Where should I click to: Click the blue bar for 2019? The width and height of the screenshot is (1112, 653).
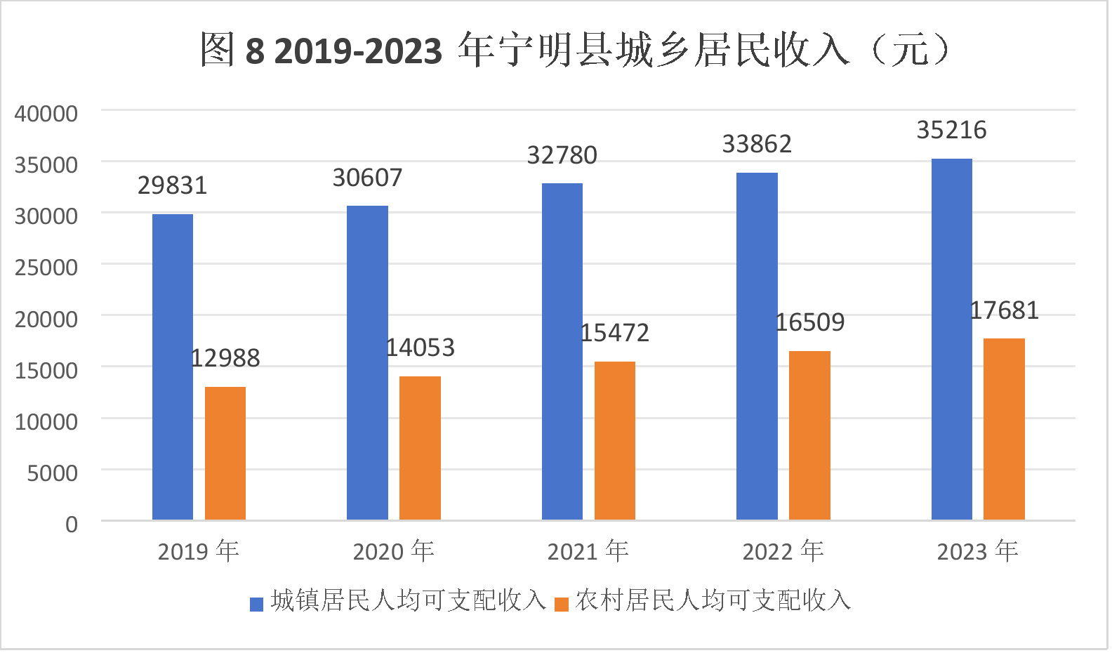point(173,367)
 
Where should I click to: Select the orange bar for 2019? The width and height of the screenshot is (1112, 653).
point(225,453)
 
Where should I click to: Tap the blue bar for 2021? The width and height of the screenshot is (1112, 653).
point(562,351)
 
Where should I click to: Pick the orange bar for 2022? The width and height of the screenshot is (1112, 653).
point(809,435)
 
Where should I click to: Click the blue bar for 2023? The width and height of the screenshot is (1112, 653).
point(952,339)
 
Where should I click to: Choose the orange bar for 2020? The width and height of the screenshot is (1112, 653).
point(420,448)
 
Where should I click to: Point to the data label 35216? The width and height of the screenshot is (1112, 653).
point(951,130)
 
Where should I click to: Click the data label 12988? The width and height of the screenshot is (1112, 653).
point(225,358)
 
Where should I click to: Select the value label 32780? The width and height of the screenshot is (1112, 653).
point(562,155)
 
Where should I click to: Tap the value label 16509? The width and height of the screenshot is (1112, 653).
point(809,322)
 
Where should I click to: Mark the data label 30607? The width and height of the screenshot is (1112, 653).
point(367,178)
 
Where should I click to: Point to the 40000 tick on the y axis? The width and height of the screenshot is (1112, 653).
point(46,113)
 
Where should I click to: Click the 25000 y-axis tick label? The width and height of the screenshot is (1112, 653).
point(46,267)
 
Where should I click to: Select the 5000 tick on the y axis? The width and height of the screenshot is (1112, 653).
point(53,473)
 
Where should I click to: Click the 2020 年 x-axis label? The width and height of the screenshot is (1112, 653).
point(393,551)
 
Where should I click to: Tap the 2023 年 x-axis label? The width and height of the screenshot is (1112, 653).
point(977,551)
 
